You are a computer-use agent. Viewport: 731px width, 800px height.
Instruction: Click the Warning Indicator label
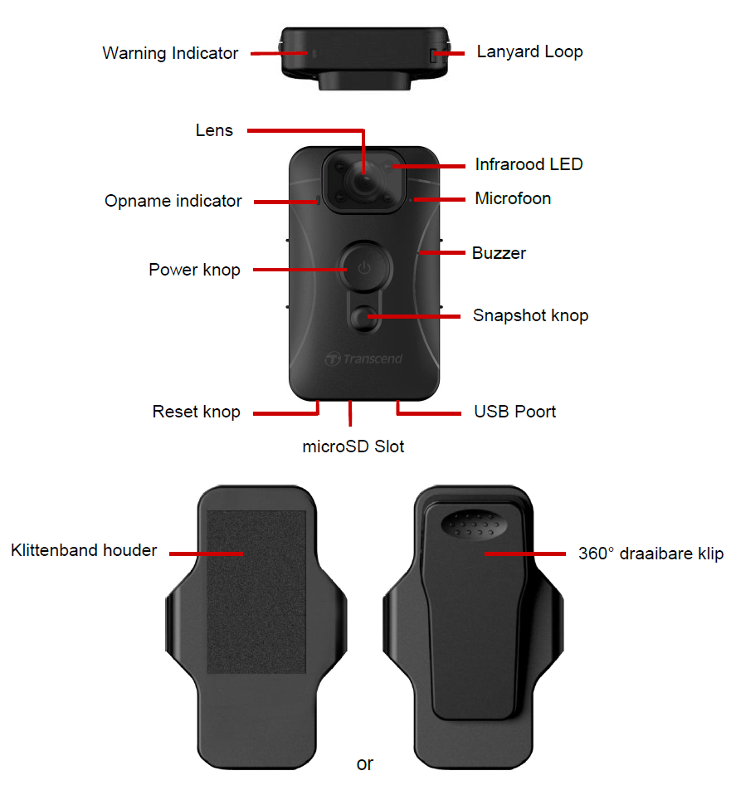[170, 53]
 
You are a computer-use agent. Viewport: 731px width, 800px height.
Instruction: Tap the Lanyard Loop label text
[529, 51]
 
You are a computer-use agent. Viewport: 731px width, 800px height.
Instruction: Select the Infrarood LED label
[529, 164]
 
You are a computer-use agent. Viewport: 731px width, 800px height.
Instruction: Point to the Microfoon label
[513, 198]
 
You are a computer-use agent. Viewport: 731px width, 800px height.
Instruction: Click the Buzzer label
[499, 253]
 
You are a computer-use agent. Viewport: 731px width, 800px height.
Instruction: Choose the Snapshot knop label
[530, 315]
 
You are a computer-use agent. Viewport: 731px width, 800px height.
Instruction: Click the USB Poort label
[514, 412]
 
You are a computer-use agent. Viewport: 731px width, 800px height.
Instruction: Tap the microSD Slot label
[353, 446]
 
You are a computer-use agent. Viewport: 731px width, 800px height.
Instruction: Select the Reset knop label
[196, 412]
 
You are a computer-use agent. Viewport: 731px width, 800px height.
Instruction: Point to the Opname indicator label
[173, 201]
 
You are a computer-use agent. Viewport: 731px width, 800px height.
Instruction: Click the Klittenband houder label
[84, 550]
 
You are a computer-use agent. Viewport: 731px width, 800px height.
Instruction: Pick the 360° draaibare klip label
[651, 554]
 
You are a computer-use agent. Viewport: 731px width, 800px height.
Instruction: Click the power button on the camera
[364, 267]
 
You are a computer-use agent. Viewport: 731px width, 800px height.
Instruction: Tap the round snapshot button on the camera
[364, 318]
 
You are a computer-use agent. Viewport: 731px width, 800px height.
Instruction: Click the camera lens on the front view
[363, 181]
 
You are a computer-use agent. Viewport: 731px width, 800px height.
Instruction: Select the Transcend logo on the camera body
[363, 359]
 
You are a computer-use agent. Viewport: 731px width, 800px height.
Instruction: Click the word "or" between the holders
[365, 763]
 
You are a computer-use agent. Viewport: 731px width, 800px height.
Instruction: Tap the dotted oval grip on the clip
[474, 524]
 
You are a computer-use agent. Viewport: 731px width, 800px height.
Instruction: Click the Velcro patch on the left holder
[256, 592]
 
